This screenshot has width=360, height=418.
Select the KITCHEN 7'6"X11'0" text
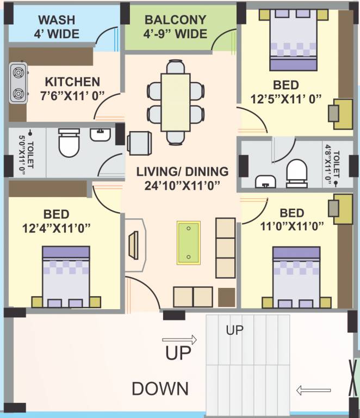pos(72,89)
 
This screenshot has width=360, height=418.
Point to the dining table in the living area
pos(176,102)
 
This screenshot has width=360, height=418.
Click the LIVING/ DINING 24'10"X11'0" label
pos(182,178)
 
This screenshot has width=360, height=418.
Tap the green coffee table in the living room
pos(188,243)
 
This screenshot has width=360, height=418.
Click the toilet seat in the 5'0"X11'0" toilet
pos(69,143)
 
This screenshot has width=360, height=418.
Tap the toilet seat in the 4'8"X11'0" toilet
pos(297,171)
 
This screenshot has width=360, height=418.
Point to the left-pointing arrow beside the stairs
pos(313,390)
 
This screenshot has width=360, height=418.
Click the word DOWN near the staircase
pos(160,389)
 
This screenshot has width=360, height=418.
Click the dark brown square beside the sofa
pos(226,297)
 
